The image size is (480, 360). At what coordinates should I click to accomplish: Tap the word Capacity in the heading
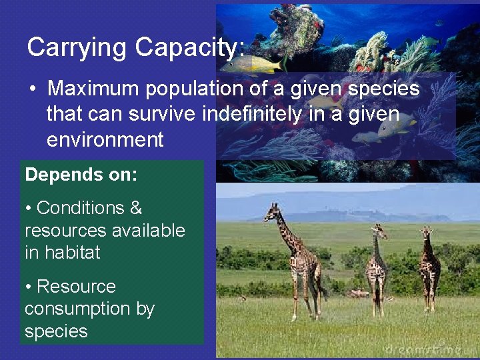(189, 48)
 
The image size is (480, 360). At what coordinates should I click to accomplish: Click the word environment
(105, 139)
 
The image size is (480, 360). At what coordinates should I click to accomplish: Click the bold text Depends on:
(81, 175)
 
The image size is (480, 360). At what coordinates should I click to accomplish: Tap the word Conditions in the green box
(80, 208)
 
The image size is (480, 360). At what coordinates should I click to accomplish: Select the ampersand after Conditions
(135, 208)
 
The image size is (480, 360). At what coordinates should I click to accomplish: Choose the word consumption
(89, 309)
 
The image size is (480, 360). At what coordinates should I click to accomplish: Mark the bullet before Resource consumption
(29, 287)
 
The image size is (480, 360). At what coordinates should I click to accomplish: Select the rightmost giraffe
(428, 267)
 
